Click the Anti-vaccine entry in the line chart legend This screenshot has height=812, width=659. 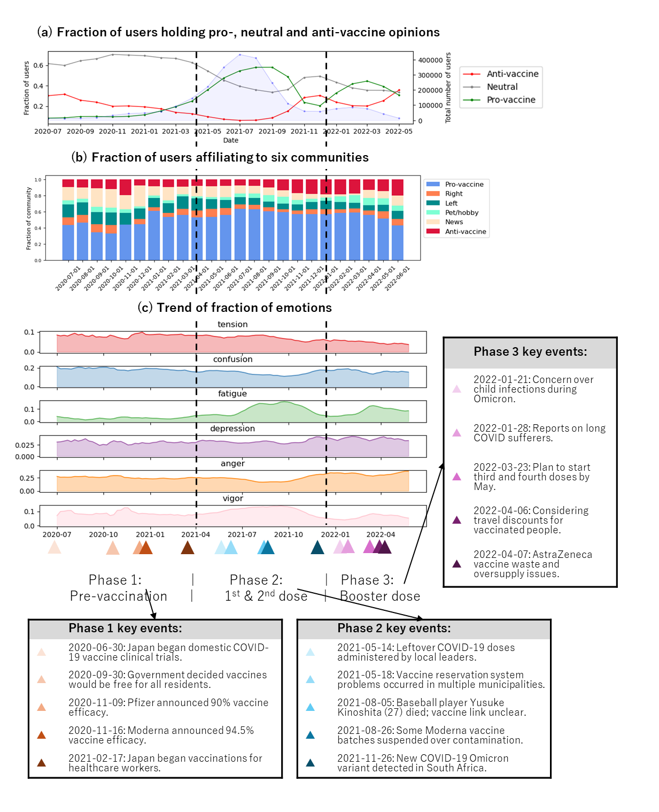point(512,74)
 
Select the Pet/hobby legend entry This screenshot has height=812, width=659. point(461,212)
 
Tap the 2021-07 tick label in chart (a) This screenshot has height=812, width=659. point(239,131)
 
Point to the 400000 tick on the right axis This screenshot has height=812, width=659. point(430,60)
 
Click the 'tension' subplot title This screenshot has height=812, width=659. point(232,324)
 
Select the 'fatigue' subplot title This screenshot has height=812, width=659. point(232,394)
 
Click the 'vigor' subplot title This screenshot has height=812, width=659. point(232,499)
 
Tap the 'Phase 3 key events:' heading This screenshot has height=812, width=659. point(530,351)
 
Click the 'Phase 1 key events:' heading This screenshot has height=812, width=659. point(125,628)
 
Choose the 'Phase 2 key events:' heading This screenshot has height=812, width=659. point(394,628)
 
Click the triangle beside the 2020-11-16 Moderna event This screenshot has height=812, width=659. point(41,735)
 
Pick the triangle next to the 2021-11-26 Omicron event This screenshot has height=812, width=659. point(310,763)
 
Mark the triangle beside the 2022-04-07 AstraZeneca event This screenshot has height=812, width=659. point(456,564)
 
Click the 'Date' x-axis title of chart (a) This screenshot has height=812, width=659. point(231,140)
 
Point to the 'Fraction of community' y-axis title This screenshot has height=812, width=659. point(29,218)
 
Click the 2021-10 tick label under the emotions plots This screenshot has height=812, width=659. point(288,534)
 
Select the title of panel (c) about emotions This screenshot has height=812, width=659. point(235,308)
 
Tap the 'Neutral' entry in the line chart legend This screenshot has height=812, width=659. point(502,87)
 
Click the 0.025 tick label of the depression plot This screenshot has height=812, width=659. point(25,445)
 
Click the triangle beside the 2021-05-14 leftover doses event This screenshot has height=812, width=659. point(310,652)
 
